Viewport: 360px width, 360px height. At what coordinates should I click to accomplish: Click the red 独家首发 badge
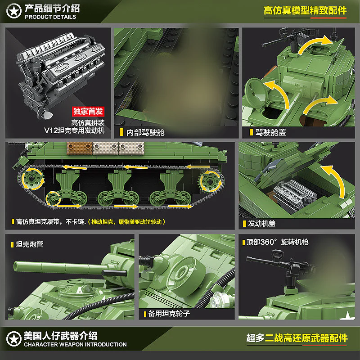click(x=88, y=111)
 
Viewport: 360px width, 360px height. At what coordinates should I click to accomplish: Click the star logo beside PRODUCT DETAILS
click(x=14, y=11)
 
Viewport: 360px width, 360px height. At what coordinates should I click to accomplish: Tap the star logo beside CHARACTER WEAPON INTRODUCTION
click(x=14, y=339)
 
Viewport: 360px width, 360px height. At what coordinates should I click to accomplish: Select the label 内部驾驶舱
click(x=145, y=132)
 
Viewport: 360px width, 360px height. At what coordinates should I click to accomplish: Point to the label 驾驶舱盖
click(x=270, y=132)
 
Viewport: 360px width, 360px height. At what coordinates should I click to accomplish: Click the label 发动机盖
click(x=261, y=223)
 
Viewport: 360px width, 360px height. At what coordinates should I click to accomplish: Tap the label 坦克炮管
click(x=29, y=244)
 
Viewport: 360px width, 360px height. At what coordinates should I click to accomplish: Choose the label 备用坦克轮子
click(x=169, y=313)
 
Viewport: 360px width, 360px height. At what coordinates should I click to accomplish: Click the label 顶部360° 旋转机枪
click(x=277, y=242)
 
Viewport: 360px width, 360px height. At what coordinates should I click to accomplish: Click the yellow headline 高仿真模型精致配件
click(x=305, y=10)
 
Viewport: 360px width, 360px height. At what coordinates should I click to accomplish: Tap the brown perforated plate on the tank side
click(x=80, y=148)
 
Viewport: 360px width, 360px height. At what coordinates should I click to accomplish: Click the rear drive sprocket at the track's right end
click(x=210, y=181)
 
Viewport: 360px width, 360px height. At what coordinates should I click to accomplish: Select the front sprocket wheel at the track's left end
click(x=32, y=179)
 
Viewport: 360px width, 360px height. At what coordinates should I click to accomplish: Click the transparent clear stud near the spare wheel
click(x=217, y=299)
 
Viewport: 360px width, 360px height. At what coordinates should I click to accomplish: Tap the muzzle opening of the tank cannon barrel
click(x=16, y=266)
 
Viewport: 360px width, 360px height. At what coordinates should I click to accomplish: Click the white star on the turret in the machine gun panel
click(x=347, y=316)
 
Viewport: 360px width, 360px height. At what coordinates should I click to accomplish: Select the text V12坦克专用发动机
click(x=74, y=130)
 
